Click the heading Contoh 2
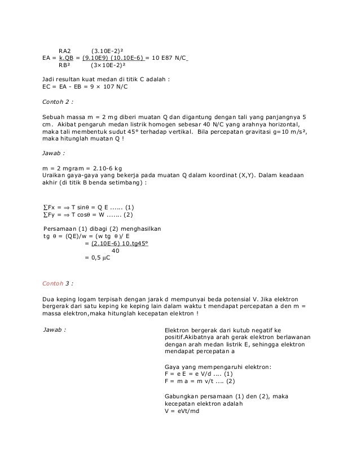pyautogui.click(x=58, y=102)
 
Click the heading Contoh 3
pyautogui.click(x=58, y=283)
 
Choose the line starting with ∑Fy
pyautogui.click(x=87, y=214)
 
